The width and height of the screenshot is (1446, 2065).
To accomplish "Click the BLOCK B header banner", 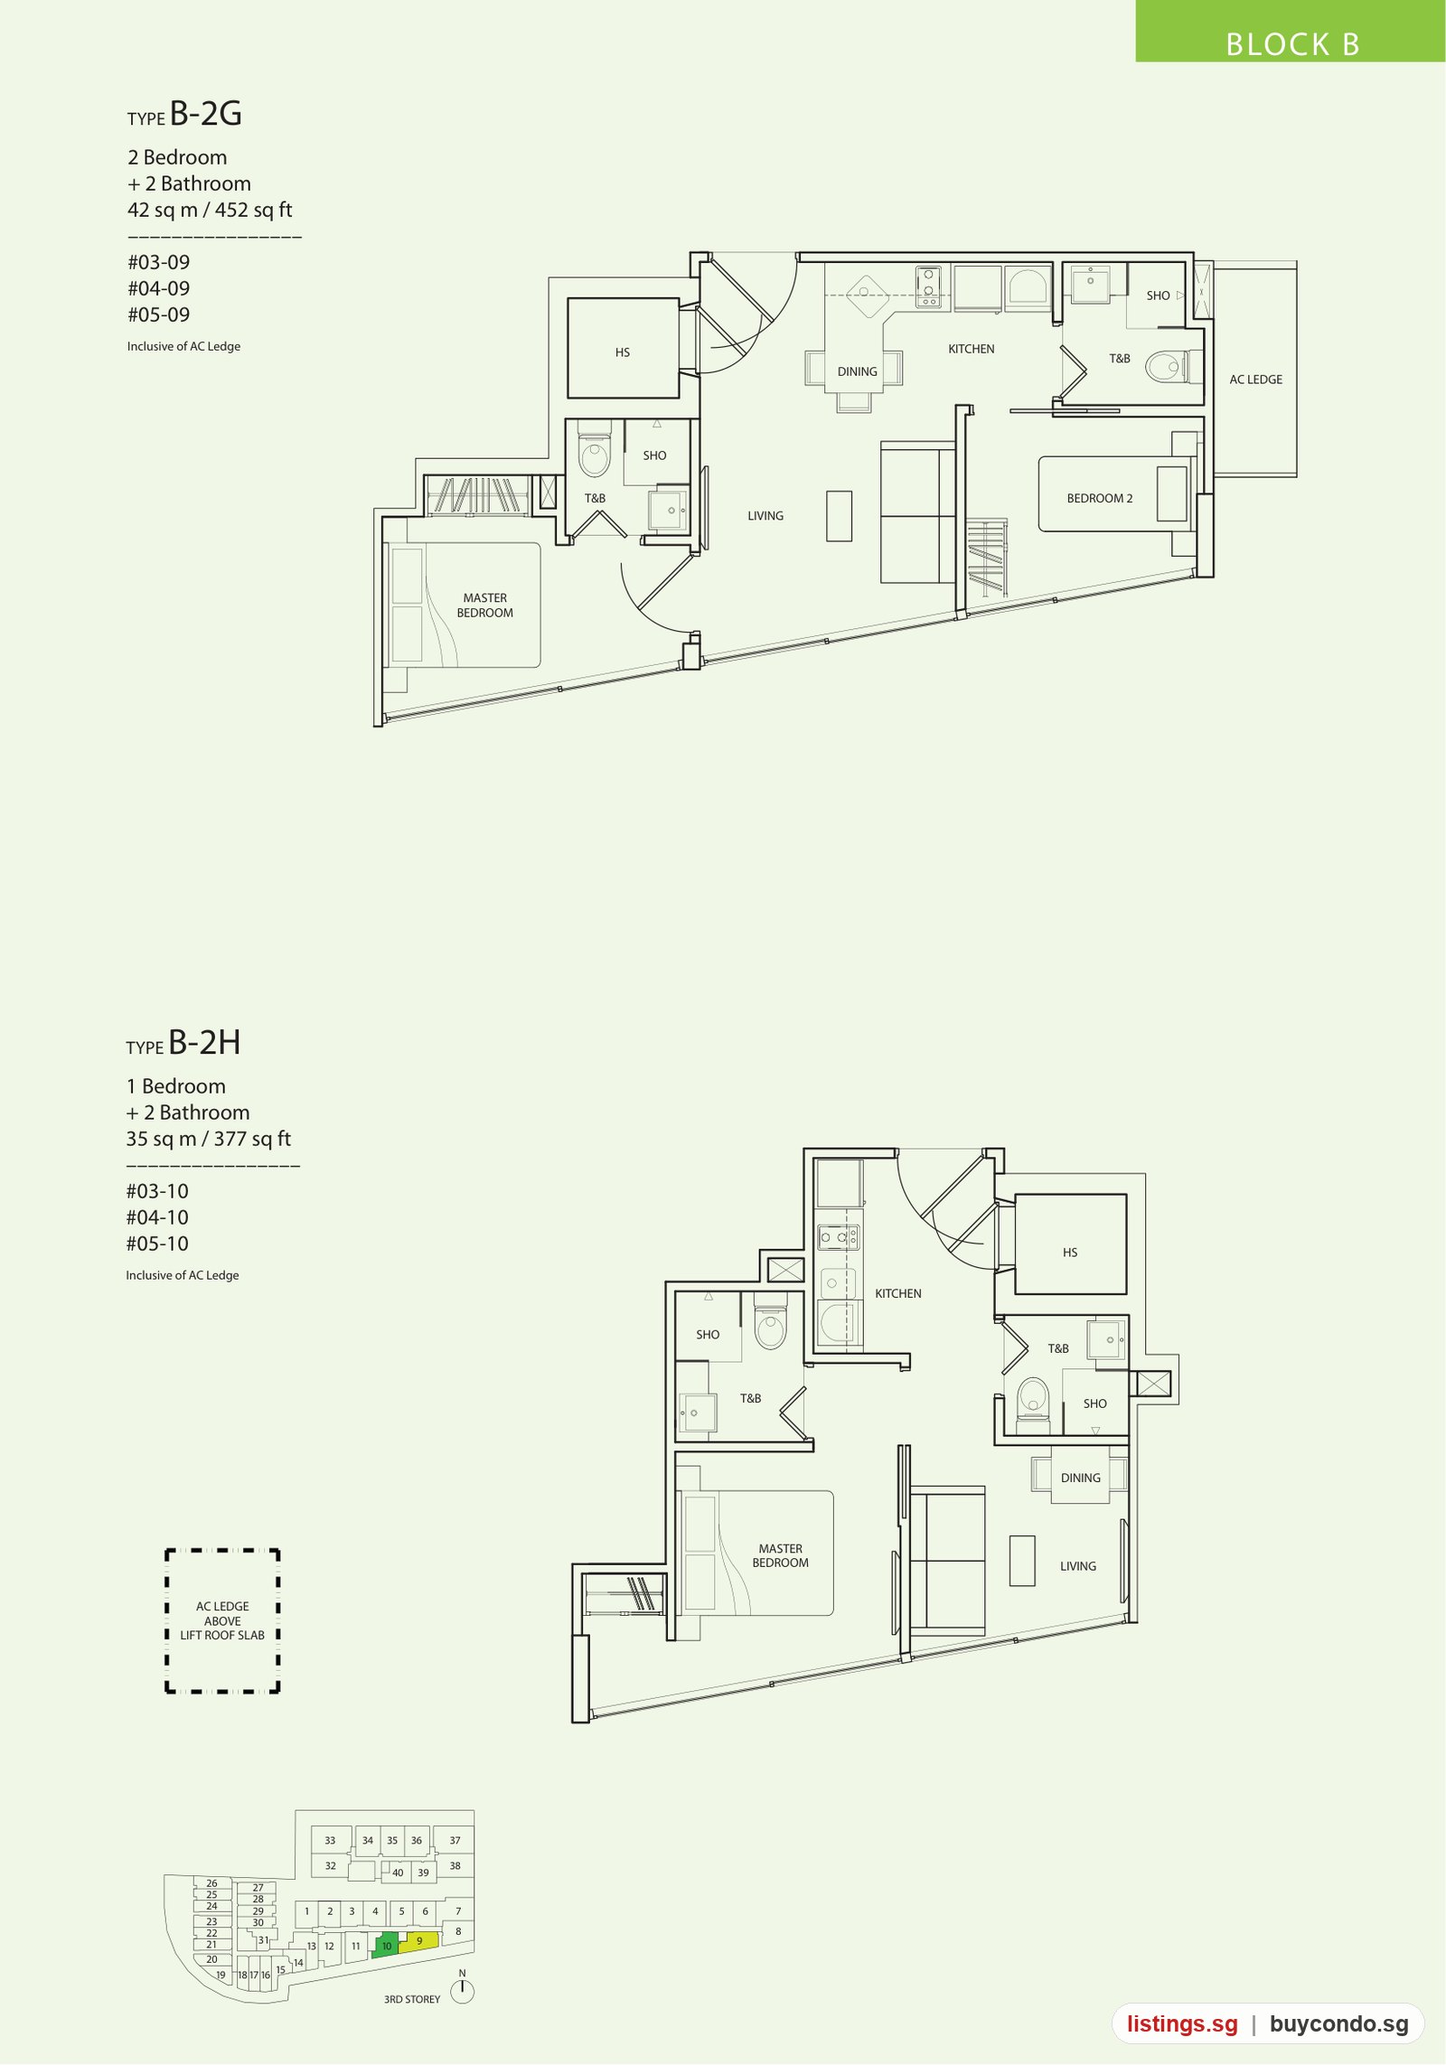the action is click(1290, 32).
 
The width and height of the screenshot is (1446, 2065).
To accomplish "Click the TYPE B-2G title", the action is click(184, 114).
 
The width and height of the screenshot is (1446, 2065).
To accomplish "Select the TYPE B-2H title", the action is click(183, 1043).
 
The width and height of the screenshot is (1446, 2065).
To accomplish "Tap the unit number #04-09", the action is click(159, 288).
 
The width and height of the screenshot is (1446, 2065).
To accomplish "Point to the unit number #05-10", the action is click(157, 1244).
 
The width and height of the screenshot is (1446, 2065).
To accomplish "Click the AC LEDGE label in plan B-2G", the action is click(1255, 380).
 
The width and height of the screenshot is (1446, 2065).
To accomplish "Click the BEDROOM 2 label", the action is click(1099, 498).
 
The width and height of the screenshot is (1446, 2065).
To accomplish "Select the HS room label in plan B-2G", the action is click(623, 352).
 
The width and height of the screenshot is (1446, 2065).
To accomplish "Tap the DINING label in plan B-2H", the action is click(1081, 1478).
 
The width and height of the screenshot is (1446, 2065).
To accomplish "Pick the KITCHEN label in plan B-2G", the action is click(971, 349).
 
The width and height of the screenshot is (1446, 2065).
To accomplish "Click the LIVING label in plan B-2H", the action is click(1078, 1566).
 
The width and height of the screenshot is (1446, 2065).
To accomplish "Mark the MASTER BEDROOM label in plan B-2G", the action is click(485, 605).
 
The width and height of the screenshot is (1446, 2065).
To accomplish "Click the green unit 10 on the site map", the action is click(386, 1945).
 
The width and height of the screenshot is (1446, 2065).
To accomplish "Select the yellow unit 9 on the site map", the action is click(419, 1940).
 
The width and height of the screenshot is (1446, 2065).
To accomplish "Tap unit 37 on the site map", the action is click(455, 1840).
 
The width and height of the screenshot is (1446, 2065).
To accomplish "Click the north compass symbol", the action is click(462, 1988).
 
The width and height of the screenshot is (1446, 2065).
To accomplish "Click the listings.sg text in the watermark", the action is click(1182, 2024).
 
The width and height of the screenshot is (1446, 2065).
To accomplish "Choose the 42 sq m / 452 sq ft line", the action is click(210, 210).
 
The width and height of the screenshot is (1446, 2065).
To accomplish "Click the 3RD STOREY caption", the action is click(412, 1999).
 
